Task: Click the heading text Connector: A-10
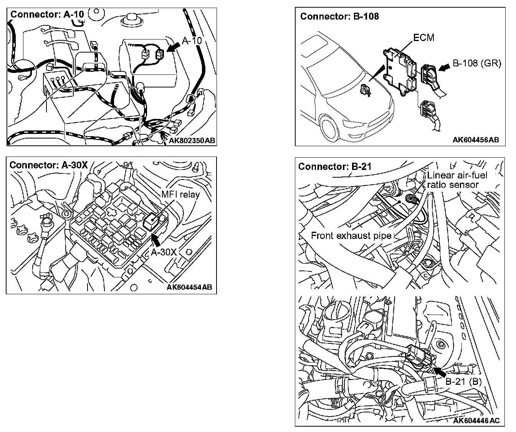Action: point(47,15)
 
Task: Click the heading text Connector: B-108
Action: point(339,16)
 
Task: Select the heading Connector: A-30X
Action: point(48,165)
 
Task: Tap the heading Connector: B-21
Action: point(334,167)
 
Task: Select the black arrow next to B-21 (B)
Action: point(440,371)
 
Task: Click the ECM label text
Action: point(424,38)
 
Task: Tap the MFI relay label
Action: point(180,195)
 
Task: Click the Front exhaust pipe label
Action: point(351,236)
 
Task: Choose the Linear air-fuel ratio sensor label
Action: point(457,180)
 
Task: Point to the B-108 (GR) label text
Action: point(477,63)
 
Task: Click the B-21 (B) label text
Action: point(463,382)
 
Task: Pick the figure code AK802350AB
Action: point(192,141)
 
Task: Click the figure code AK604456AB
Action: point(476,140)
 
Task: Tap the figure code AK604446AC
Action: point(476,421)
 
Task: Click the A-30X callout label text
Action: point(164,252)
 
